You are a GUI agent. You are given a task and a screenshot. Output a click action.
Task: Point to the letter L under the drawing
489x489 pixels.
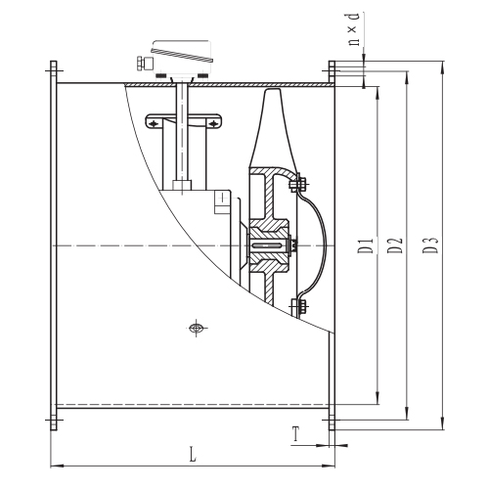[193, 454]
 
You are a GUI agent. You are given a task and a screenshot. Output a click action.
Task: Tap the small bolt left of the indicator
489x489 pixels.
[142, 64]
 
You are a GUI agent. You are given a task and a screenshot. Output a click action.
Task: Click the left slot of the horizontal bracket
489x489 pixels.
[156, 122]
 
